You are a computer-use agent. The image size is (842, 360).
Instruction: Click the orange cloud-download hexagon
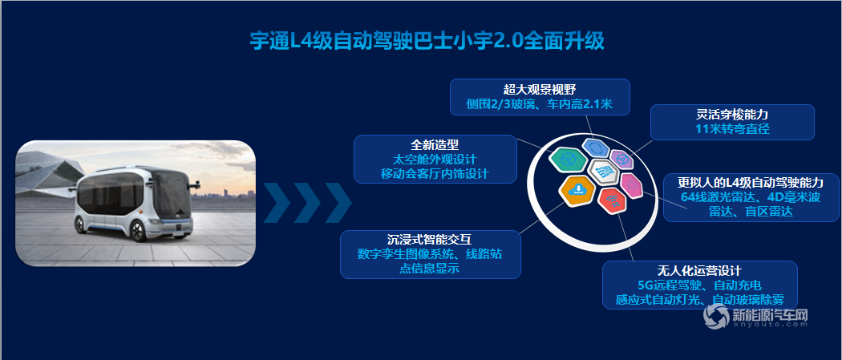[x=577, y=190]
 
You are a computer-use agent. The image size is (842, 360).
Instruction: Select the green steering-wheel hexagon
[x=568, y=159]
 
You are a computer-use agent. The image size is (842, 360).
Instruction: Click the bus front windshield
[x=170, y=194]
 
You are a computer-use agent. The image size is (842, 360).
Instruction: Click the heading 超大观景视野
[x=539, y=89]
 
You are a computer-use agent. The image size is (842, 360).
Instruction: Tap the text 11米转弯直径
[x=732, y=129]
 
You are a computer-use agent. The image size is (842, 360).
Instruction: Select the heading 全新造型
[x=435, y=145]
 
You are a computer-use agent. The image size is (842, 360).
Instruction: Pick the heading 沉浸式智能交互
[x=430, y=239]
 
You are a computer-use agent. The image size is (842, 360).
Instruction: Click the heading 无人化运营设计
[x=699, y=270]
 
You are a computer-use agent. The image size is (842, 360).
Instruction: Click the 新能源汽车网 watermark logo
[x=756, y=316]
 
